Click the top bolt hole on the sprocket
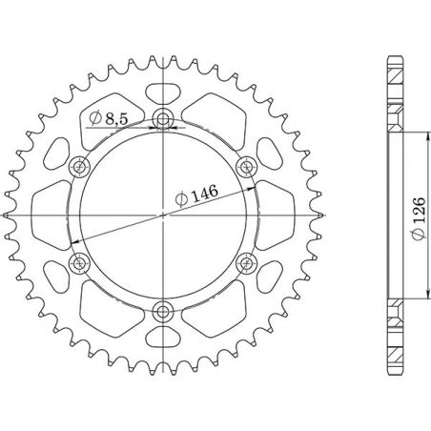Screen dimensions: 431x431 [x=164, y=119]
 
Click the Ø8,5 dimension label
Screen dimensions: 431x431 [x=112, y=118]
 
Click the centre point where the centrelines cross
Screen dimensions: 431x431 [x=164, y=215]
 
